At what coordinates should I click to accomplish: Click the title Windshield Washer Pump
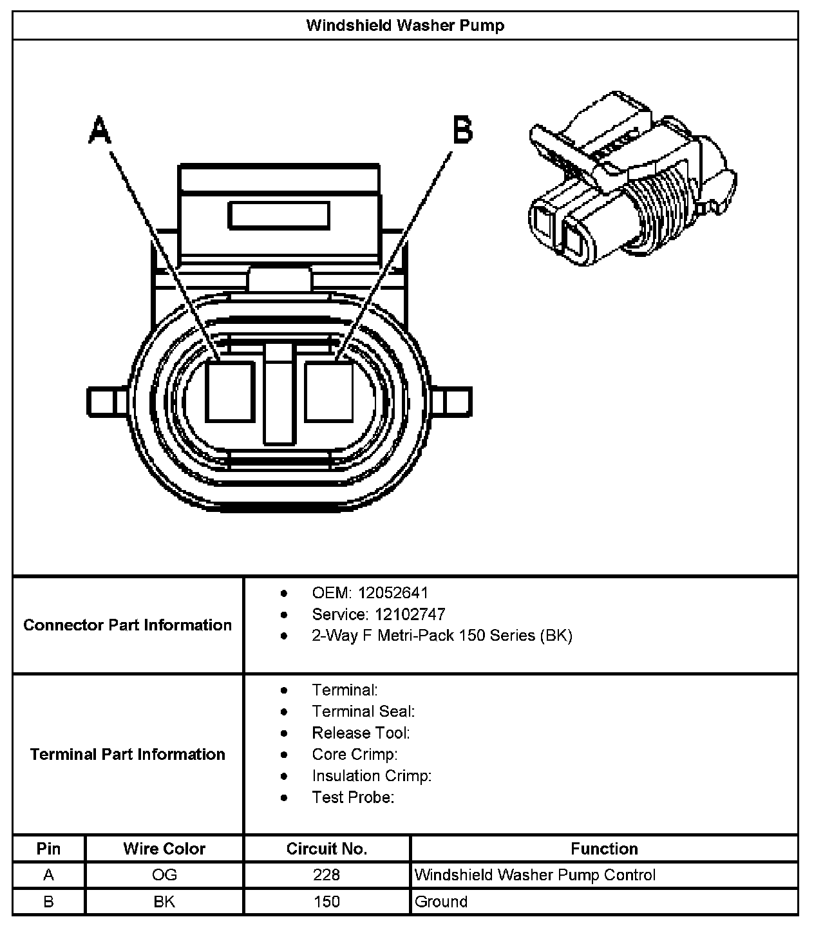[406, 26]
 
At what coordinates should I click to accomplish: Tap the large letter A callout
[100, 130]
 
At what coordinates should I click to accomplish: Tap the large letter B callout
[462, 130]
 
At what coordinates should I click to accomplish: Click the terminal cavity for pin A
[230, 392]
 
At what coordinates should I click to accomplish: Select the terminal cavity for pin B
[329, 392]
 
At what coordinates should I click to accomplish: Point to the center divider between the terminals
[279, 394]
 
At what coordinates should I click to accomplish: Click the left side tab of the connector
[107, 402]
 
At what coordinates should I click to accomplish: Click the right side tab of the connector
[451, 402]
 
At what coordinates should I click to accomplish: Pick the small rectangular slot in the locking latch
[279, 215]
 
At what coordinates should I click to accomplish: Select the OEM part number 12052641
[393, 593]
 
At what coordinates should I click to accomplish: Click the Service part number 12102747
[410, 614]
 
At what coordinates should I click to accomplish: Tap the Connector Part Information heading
[128, 625]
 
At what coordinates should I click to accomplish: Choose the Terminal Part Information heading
[128, 754]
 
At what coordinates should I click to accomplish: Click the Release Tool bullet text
[361, 733]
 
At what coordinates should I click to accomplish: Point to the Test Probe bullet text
[354, 797]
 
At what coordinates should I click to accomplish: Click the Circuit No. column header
[327, 849]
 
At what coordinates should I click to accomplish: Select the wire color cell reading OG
[164, 875]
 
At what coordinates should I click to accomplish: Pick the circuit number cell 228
[327, 875]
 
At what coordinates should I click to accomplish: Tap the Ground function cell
[441, 902]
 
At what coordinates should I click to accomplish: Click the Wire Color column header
[164, 849]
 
